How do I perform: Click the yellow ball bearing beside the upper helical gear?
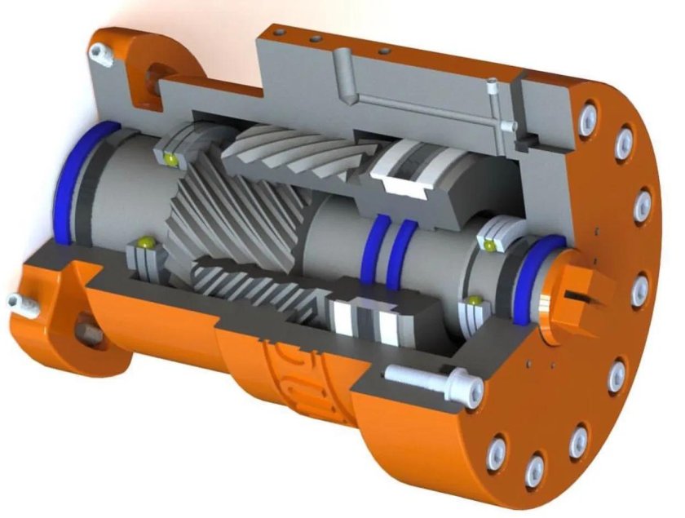[x=172, y=157]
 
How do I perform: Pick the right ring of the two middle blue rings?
[x=398, y=251]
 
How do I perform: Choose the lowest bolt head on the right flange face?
[x=533, y=467]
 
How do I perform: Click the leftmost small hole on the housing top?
[x=280, y=32]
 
